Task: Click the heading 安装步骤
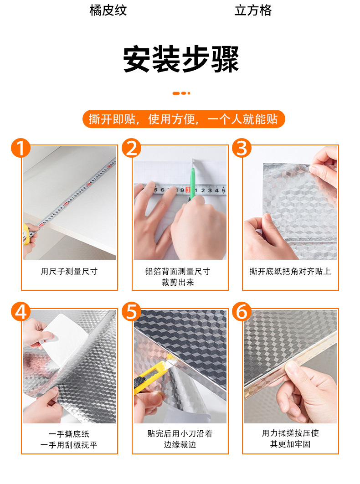point(181,59)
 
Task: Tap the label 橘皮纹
point(108,10)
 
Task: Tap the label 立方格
point(253,10)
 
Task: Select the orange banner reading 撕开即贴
point(183,119)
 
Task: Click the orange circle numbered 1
point(21,148)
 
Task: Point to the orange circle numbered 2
point(132,148)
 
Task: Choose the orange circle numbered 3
point(242,148)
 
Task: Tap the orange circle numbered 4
point(21,311)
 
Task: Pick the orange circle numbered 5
point(132,311)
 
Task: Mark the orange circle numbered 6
point(242,311)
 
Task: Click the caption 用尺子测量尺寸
point(69,271)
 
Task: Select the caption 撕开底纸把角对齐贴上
point(290,271)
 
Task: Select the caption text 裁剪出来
point(178,282)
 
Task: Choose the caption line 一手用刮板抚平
point(69,445)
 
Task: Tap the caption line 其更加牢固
point(290,444)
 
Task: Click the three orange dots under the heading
point(181,93)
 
